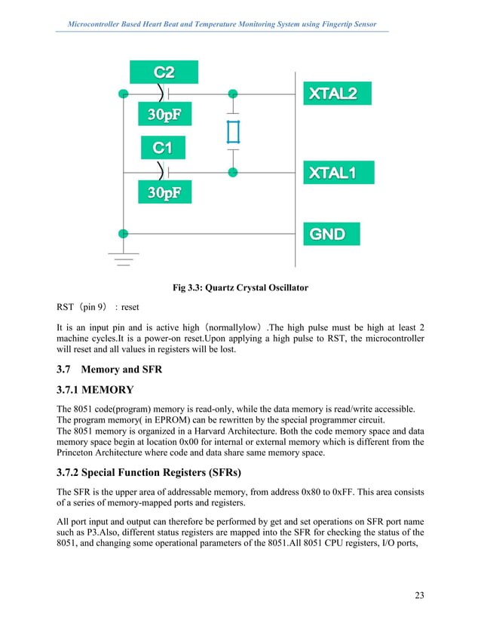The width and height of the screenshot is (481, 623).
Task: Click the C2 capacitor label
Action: click(x=164, y=72)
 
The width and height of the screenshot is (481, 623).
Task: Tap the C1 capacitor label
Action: click(x=163, y=148)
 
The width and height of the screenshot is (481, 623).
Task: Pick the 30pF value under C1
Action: click(x=164, y=193)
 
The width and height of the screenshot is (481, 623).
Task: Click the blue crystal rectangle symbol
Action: click(x=233, y=133)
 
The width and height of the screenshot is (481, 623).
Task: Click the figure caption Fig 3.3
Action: click(x=240, y=287)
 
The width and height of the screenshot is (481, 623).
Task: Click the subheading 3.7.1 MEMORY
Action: click(x=95, y=390)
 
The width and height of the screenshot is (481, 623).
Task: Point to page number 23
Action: click(x=419, y=596)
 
